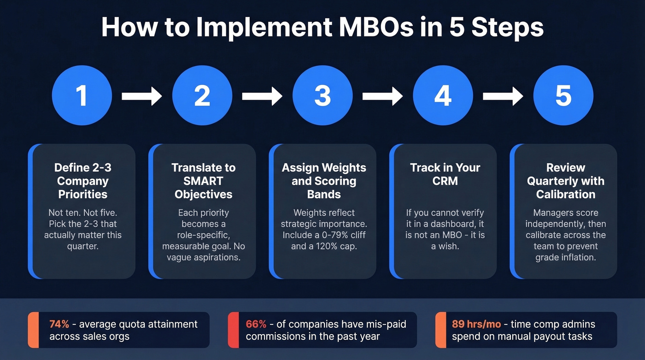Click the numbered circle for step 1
pyautogui.click(x=82, y=95)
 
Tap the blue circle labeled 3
pyautogui.click(x=322, y=95)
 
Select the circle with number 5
pyautogui.click(x=563, y=95)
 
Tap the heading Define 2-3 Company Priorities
pyautogui.click(x=82, y=181)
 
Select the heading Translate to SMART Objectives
pyautogui.click(x=203, y=181)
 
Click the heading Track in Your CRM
pyautogui.click(x=445, y=174)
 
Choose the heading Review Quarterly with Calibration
pyautogui.click(x=565, y=181)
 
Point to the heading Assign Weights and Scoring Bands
pyautogui.click(x=324, y=181)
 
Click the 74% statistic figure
pyautogui.click(x=59, y=324)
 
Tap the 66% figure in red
pyautogui.click(x=256, y=324)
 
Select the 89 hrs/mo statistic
pyautogui.click(x=470, y=324)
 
